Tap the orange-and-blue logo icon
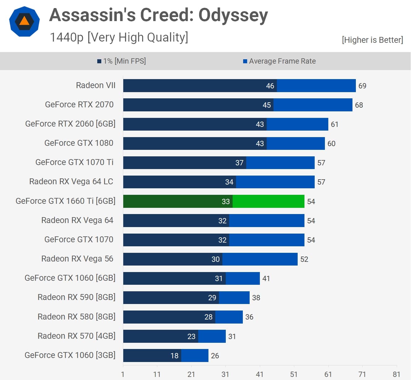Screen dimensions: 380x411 tap(24, 21)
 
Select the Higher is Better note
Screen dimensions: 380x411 tap(372, 40)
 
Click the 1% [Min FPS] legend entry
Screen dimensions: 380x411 tap(121, 61)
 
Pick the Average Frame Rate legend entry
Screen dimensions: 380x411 tap(279, 61)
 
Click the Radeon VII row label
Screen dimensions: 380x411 tap(96, 85)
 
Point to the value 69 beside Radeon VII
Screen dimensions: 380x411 tap(362, 86)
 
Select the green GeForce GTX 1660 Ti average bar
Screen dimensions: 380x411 tap(268, 201)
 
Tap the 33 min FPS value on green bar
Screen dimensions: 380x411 tap(226, 202)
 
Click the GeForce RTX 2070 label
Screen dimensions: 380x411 tap(79, 105)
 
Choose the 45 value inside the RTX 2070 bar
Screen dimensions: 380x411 tap(267, 105)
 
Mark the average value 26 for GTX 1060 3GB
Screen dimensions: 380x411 tap(215, 356)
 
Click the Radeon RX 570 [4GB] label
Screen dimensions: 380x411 tap(77, 336)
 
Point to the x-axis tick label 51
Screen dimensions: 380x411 tap(294, 374)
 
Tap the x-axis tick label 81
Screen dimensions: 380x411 tap(396, 374)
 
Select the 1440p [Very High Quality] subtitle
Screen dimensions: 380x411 tap(119, 37)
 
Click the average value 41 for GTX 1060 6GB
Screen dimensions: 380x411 tap(266, 279)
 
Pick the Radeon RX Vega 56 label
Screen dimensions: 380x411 tap(77, 259)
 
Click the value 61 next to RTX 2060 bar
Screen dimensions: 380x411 tap(334, 124)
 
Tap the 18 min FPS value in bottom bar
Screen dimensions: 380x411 tap(174, 356)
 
